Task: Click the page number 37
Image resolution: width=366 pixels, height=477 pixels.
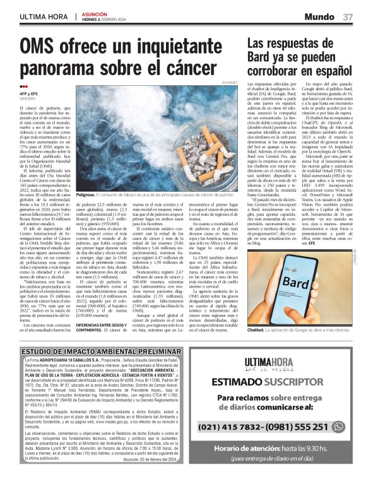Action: point(348,16)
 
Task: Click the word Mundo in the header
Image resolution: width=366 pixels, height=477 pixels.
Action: point(321,16)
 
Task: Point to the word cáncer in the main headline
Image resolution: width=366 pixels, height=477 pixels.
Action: point(201,69)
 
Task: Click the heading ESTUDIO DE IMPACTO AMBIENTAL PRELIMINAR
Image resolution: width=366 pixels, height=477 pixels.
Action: point(88,350)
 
